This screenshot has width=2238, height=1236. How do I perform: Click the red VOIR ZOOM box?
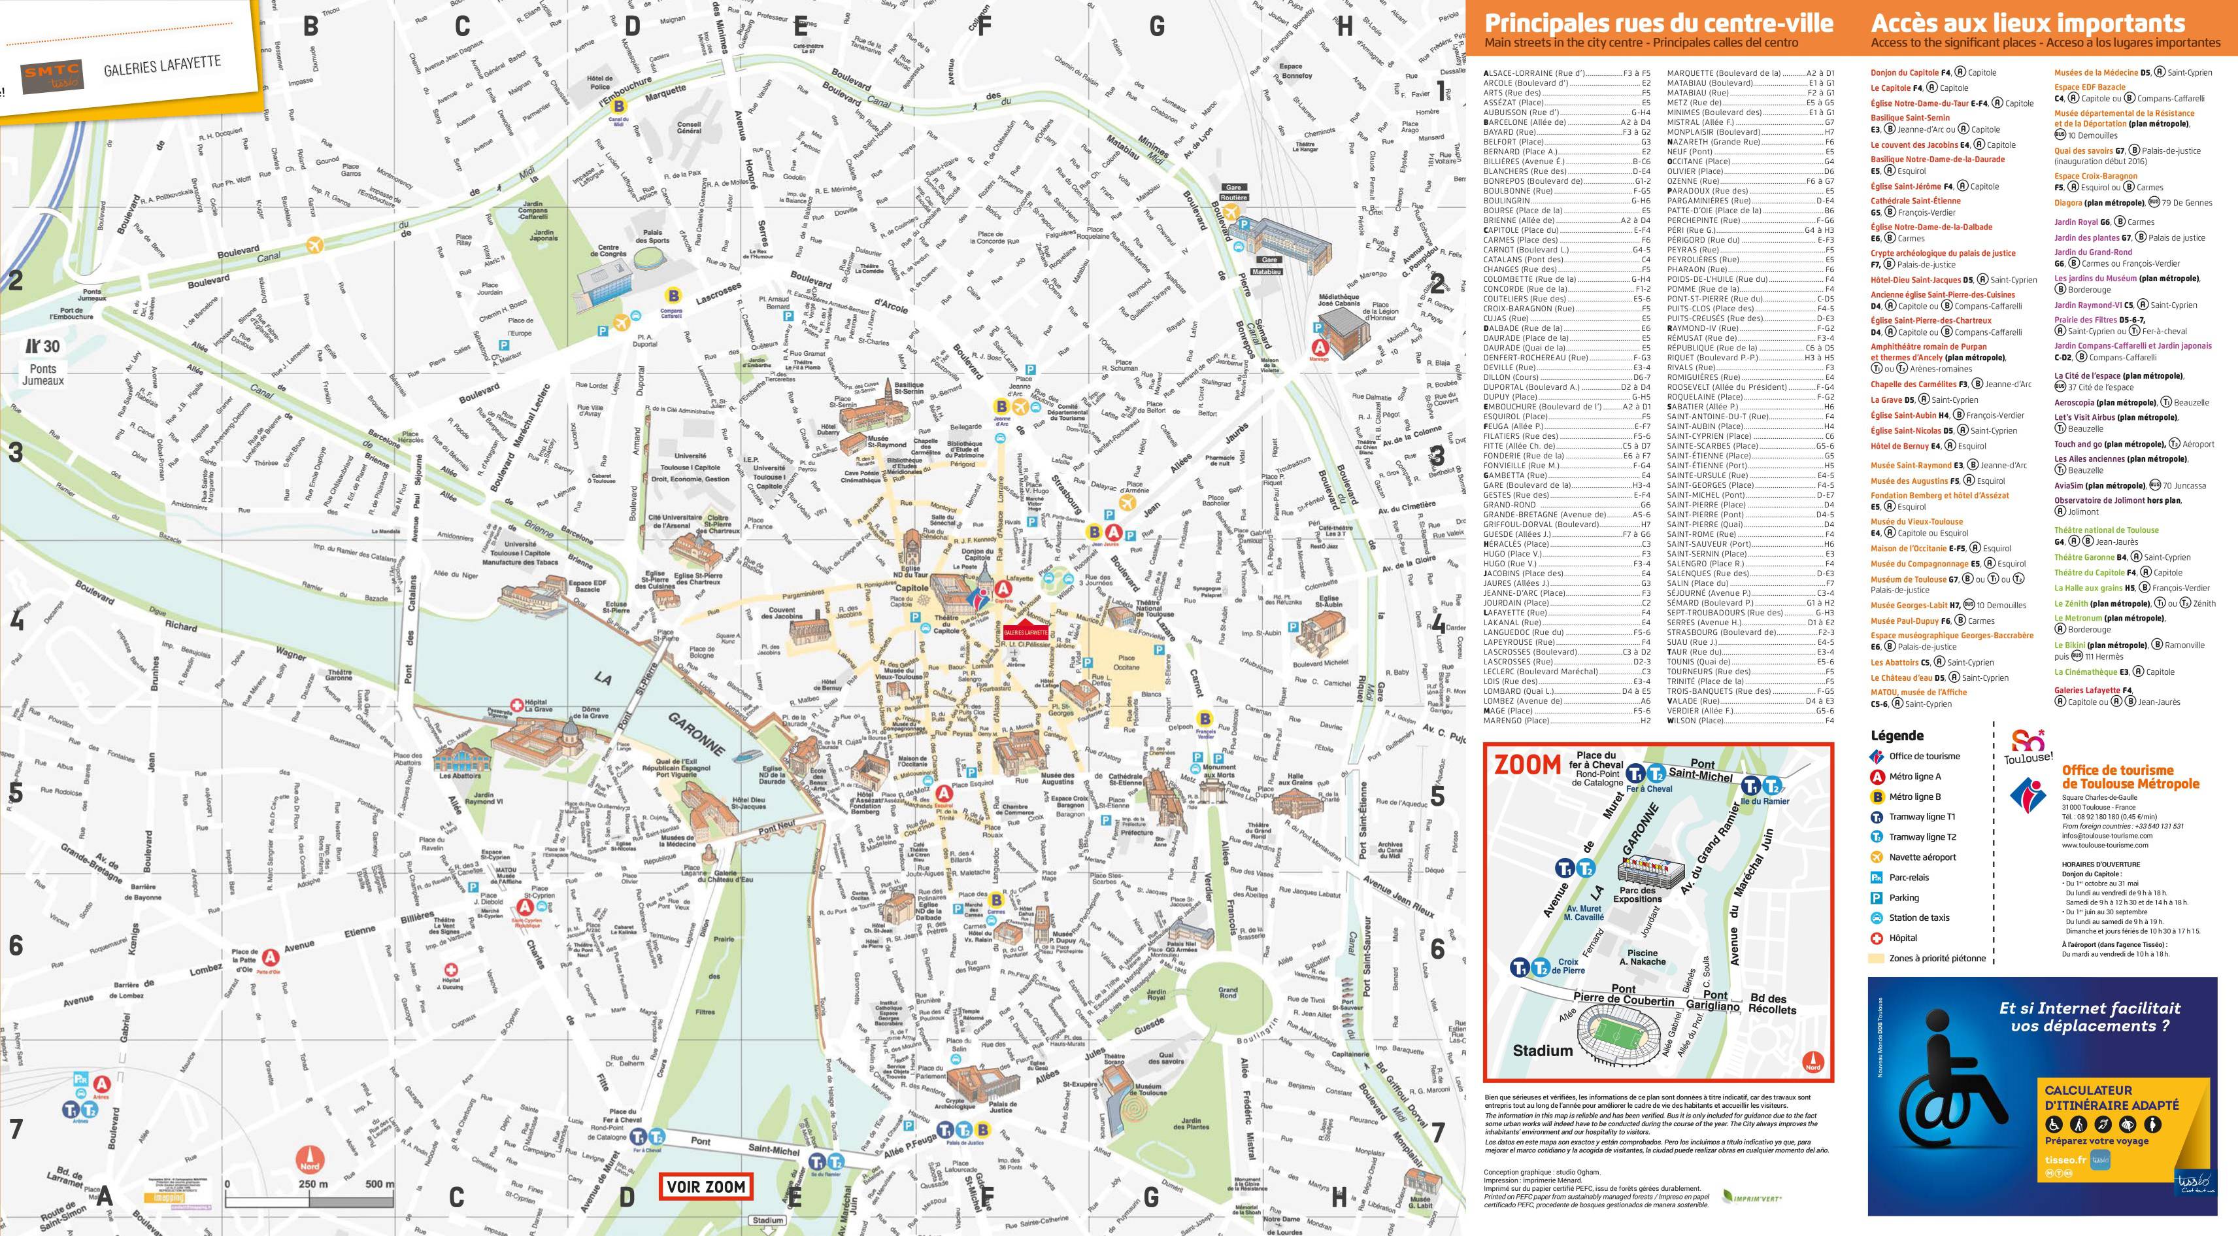click(705, 1186)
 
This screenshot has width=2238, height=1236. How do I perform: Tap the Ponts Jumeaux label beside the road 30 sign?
click(42, 375)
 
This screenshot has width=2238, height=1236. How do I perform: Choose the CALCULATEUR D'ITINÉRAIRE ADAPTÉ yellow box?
click(2111, 1128)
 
